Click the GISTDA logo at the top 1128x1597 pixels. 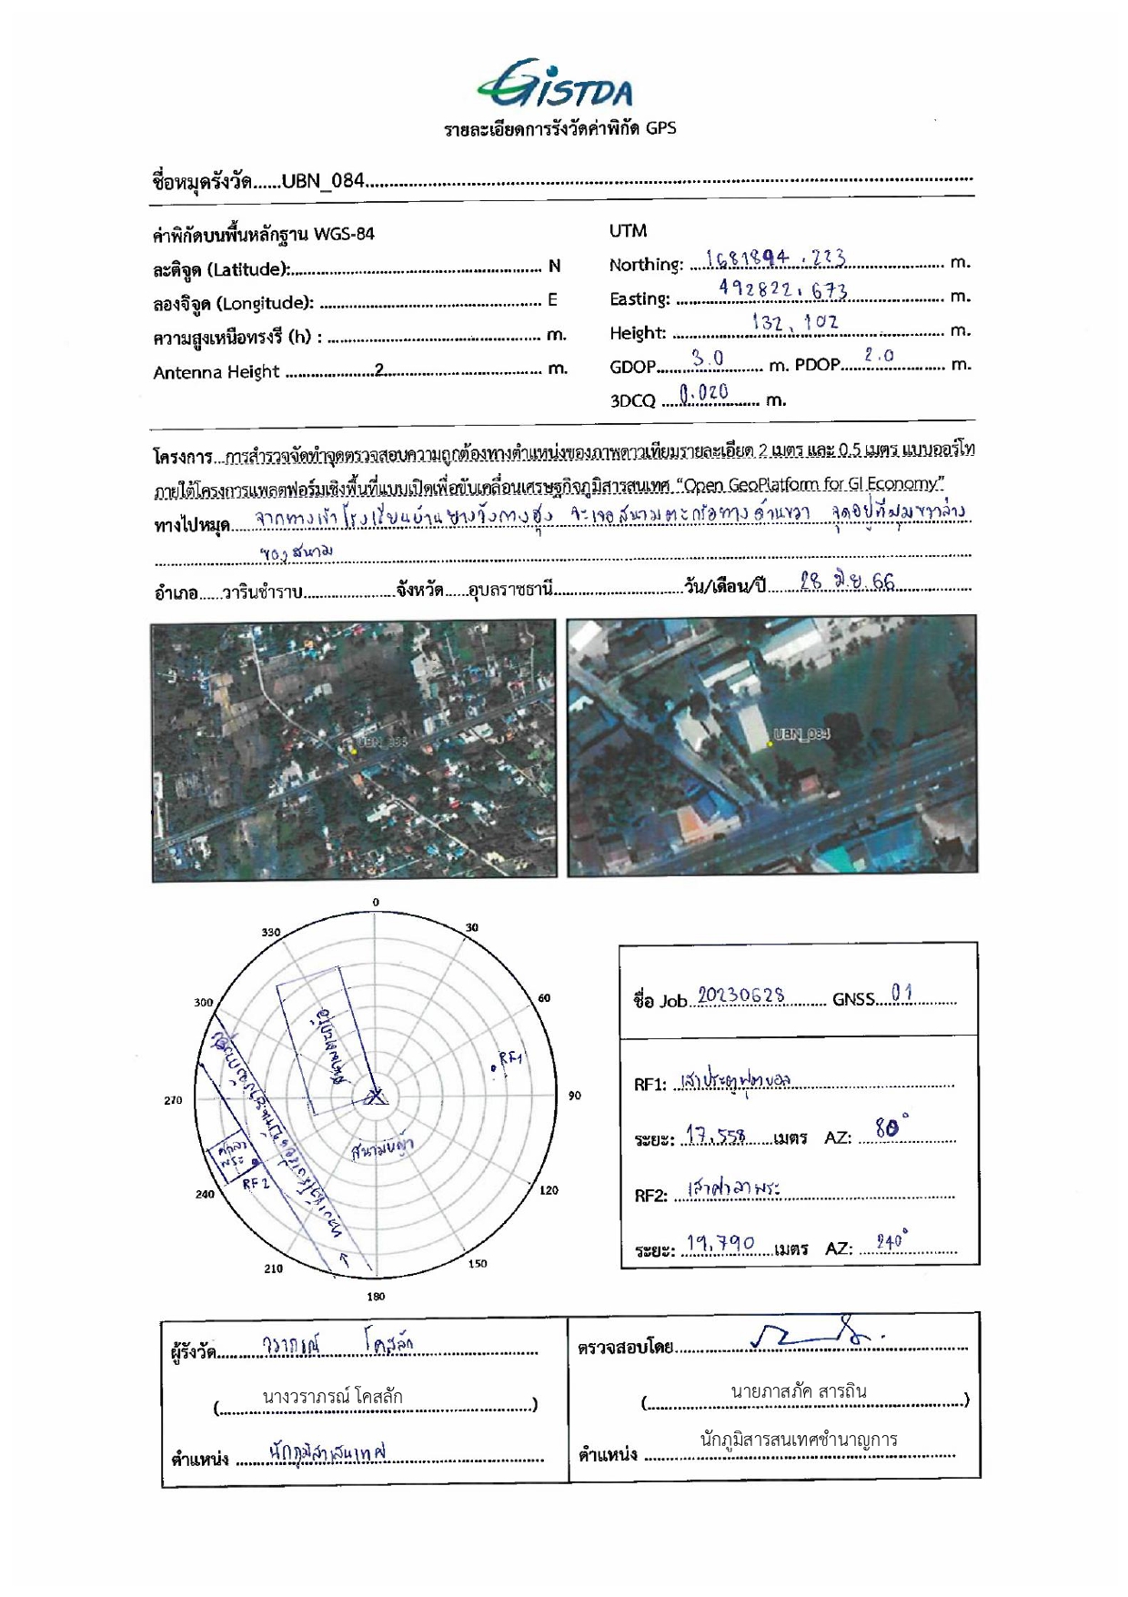556,85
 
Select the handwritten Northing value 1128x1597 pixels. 776,258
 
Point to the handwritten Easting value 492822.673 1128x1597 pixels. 783,290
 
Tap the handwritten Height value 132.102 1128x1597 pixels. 795,322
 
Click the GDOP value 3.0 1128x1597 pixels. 708,358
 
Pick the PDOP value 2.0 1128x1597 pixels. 879,356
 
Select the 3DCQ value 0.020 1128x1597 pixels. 704,392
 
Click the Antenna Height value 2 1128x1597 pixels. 380,369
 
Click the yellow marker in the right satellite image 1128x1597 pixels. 770,743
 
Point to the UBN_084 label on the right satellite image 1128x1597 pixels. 801,733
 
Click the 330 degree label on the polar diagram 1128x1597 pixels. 271,932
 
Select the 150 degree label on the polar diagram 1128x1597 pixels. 478,1263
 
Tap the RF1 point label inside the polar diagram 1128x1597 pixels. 510,1058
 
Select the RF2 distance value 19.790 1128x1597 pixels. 720,1243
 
